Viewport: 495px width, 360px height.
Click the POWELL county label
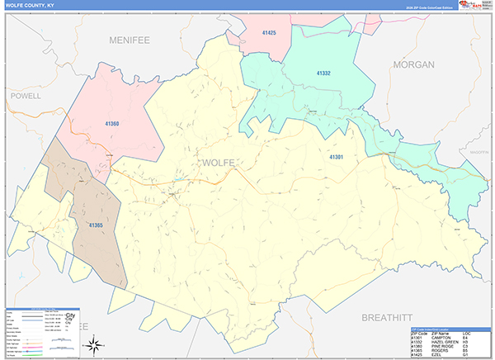(26, 96)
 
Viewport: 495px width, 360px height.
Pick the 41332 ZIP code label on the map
(323, 73)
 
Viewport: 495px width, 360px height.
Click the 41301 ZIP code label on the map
(336, 156)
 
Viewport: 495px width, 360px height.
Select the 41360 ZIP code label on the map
(112, 124)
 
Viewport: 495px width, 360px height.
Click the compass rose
(96, 343)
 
